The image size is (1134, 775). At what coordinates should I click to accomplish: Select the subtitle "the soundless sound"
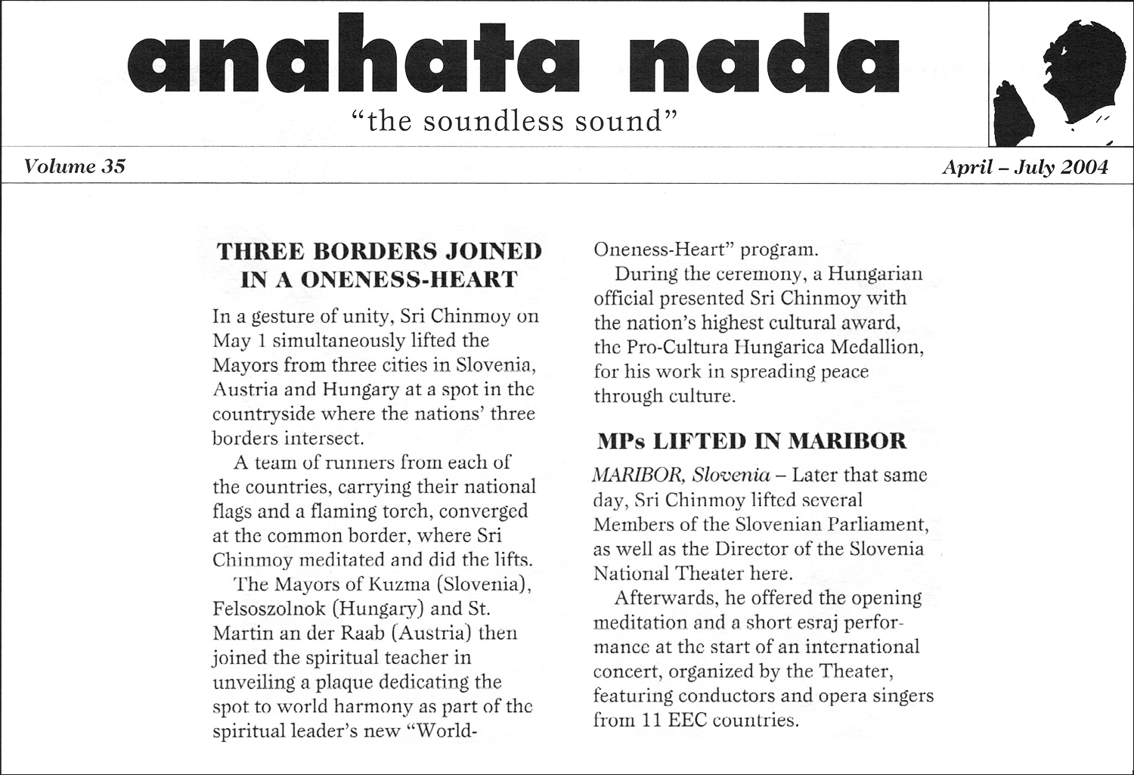[513, 121]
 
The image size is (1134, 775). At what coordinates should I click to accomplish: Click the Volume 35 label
[74, 166]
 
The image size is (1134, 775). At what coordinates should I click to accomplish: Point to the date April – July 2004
[1024, 167]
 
